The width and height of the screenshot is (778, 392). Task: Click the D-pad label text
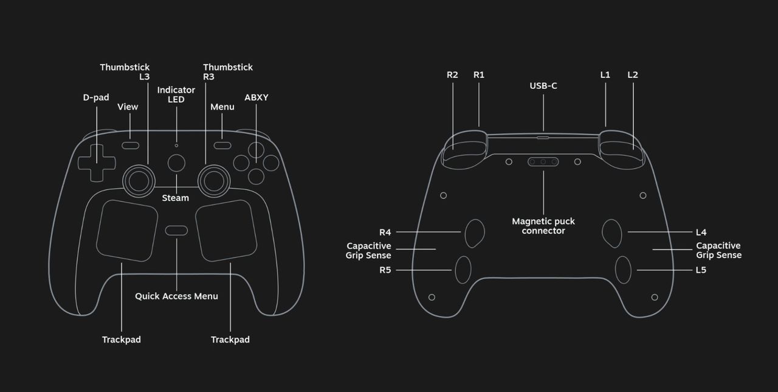[96, 97]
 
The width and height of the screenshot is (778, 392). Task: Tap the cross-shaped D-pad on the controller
[96, 162]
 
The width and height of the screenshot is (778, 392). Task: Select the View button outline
[130, 145]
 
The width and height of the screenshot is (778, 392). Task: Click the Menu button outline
[222, 145]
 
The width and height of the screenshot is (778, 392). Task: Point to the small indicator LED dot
[176, 145]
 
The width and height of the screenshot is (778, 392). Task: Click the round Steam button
[176, 163]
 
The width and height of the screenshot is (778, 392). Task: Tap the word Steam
[175, 198]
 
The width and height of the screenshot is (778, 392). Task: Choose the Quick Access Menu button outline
[176, 230]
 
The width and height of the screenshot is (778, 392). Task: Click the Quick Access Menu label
[176, 296]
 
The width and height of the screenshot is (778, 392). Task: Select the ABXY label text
[256, 97]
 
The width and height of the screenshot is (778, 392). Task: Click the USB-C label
[543, 86]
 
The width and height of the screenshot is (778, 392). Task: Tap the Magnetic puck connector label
[543, 226]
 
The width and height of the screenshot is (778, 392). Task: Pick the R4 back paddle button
[475, 233]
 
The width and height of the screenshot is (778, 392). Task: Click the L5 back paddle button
[623, 270]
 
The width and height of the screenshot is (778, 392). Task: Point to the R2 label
[452, 75]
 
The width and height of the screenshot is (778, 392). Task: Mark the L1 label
[605, 75]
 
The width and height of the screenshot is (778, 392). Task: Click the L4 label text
[701, 232]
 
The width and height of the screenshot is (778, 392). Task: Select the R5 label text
[385, 270]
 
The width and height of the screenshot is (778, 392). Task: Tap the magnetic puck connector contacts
[543, 162]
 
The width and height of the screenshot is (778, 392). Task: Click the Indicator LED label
[176, 94]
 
